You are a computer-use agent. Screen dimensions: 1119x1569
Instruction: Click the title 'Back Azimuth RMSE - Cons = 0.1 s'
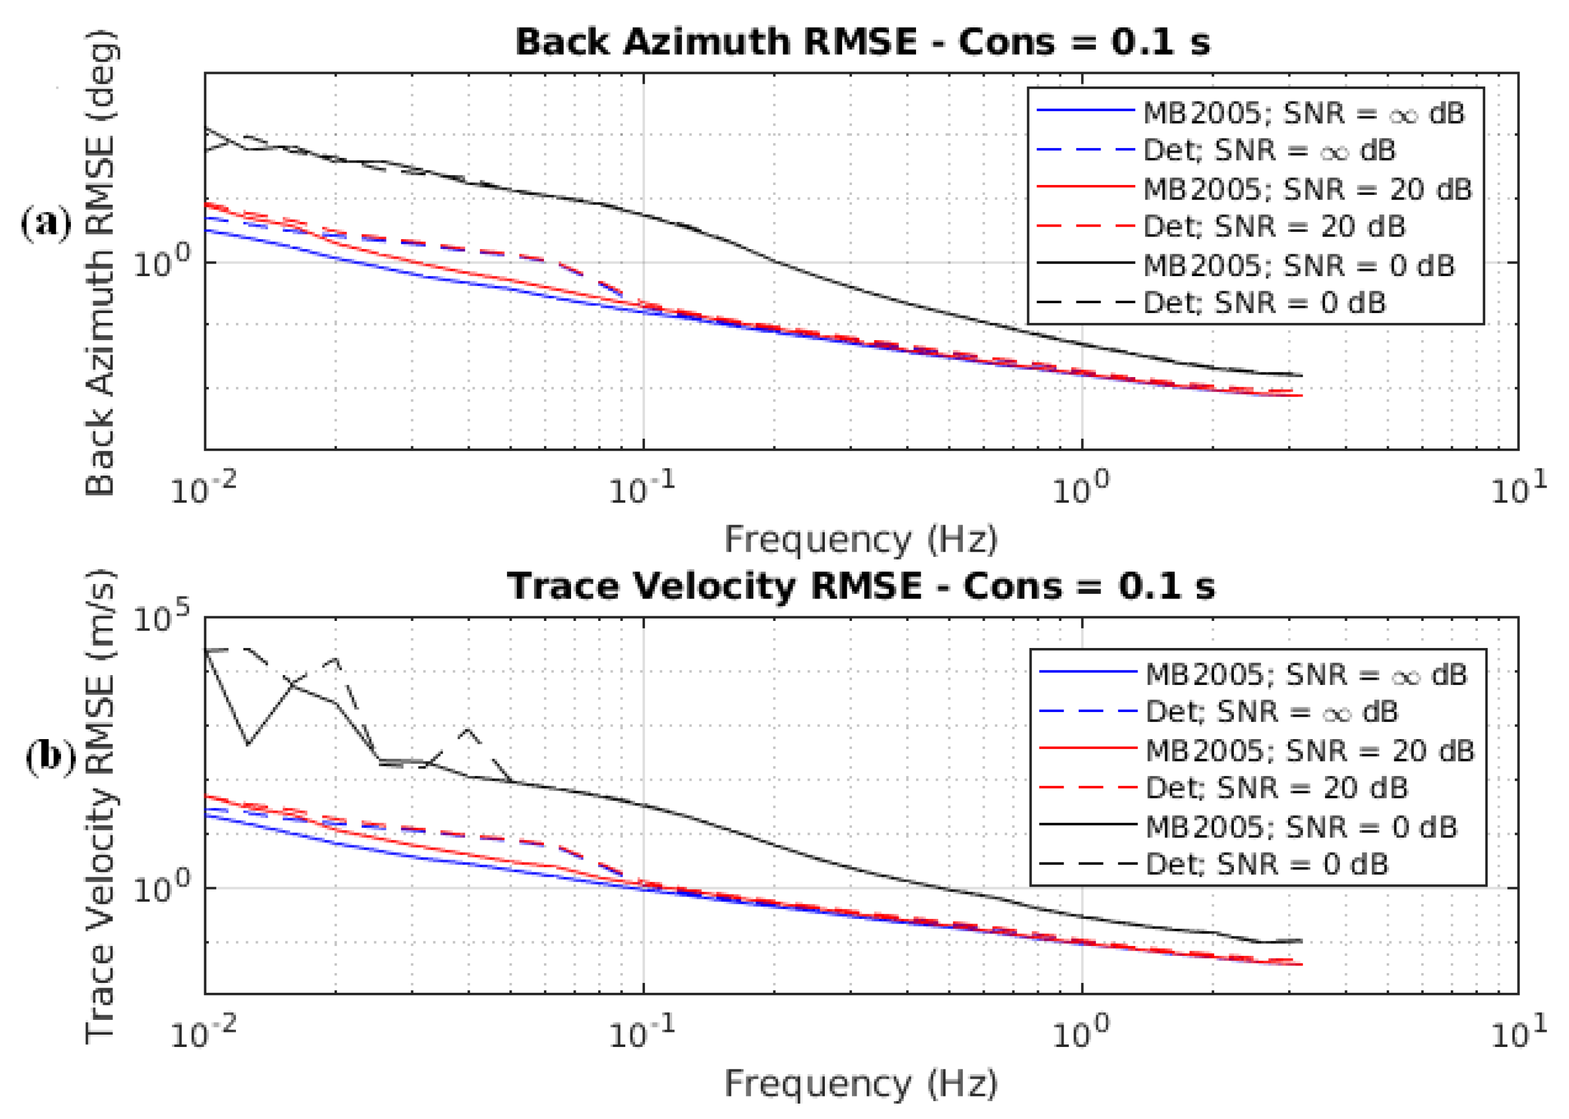coord(862,43)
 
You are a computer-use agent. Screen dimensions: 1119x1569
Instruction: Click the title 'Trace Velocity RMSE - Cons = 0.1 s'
coord(862,587)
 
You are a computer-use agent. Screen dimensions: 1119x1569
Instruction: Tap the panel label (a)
coord(46,224)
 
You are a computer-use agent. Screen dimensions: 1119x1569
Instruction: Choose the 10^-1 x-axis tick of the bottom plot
coord(641,1033)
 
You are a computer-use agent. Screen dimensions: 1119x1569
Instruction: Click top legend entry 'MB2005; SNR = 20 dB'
coord(1307,189)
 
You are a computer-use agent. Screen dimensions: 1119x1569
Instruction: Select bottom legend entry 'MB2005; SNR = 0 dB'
coord(1301,826)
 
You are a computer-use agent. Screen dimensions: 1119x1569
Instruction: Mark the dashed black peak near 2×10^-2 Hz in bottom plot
coord(336,659)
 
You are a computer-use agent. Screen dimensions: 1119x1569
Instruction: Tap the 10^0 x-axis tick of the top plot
coord(1081,490)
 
